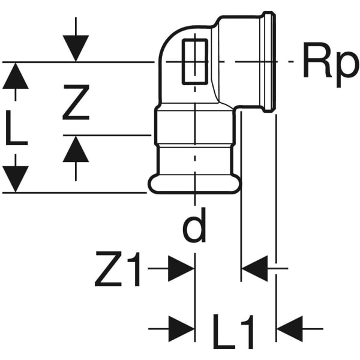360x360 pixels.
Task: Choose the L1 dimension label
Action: point(235,334)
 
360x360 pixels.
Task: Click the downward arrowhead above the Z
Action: point(76,48)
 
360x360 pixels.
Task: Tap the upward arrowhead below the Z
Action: point(76,150)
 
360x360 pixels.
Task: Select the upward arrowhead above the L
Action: point(16,76)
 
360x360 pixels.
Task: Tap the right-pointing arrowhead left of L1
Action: point(181,328)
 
